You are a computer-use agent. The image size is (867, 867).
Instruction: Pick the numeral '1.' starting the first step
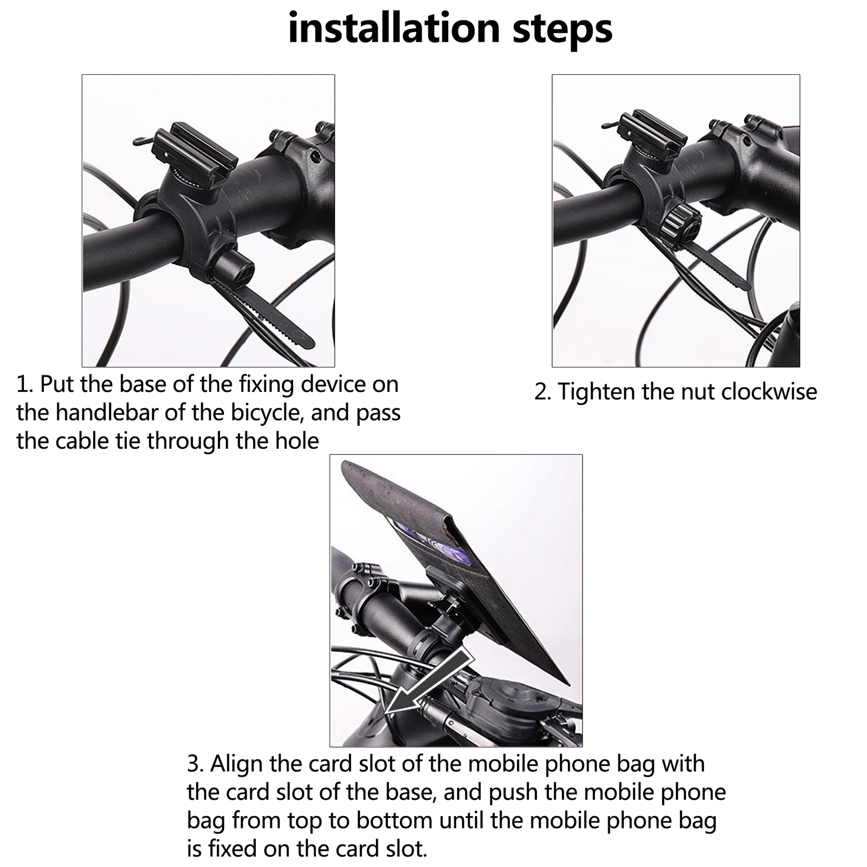(25, 385)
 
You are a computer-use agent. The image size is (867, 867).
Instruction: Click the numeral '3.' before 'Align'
(196, 765)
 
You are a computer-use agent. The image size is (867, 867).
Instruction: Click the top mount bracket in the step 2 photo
(650, 138)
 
